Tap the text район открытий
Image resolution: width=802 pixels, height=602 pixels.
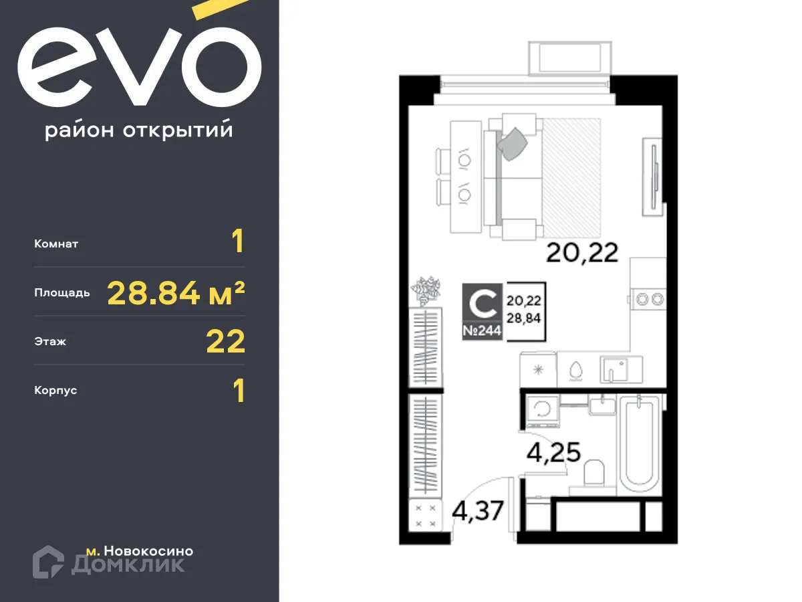139,130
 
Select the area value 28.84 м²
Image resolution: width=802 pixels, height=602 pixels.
176,292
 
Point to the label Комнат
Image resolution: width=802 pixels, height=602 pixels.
56,244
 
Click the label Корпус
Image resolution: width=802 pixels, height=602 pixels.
55,390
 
